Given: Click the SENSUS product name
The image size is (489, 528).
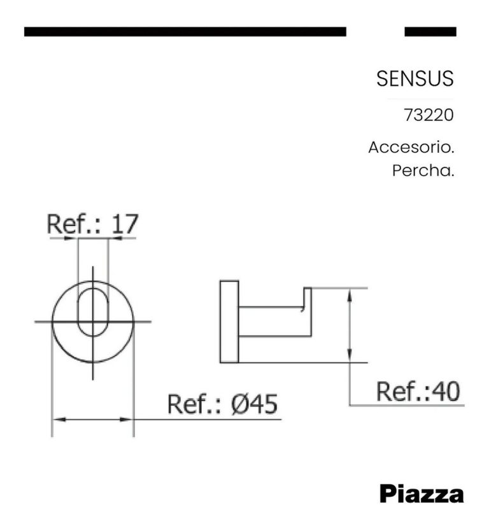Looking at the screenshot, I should (415, 78).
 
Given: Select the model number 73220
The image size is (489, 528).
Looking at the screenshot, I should (429, 117).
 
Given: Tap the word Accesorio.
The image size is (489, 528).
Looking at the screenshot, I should (411, 147).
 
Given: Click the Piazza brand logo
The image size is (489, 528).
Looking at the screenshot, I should (422, 494).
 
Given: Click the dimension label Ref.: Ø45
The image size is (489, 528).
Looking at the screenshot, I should (223, 404).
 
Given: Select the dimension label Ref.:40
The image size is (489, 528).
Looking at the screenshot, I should (418, 391).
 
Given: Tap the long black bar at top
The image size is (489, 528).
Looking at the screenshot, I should (185, 31).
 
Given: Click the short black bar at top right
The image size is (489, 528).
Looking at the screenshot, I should (430, 31).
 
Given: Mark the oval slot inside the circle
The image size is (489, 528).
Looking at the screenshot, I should (93, 311).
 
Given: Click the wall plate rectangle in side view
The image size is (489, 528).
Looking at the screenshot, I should (229, 322).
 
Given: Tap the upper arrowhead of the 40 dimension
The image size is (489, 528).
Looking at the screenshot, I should (350, 293).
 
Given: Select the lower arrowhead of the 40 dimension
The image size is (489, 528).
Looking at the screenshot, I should (350, 358).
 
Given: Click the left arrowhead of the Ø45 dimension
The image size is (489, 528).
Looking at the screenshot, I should (57, 419).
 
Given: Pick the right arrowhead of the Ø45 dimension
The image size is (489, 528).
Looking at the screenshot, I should (129, 419).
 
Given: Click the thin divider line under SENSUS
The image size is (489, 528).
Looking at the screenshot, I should (420, 99).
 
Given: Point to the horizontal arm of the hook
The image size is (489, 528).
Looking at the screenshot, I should (274, 322).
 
